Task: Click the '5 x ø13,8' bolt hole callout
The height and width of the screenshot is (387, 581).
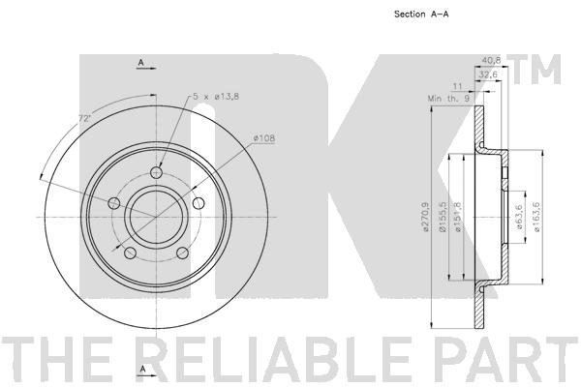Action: (216, 96)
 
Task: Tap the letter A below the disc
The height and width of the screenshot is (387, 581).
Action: (141, 370)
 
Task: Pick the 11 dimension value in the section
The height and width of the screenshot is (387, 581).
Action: (458, 86)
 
